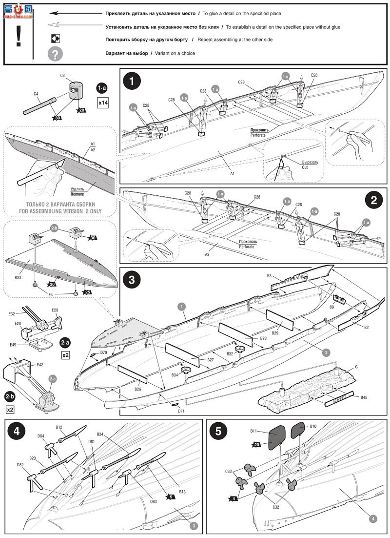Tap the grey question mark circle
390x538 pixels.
point(55,53)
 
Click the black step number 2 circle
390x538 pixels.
point(374,200)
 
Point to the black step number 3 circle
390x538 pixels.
point(132,280)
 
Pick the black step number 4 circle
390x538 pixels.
point(17,432)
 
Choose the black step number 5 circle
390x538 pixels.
point(218,432)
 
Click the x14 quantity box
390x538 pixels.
point(103,103)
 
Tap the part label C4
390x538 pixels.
point(36,94)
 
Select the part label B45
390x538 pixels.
point(364,398)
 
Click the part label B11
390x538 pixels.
point(253,431)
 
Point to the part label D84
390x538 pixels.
point(41,436)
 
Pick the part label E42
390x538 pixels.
point(40,364)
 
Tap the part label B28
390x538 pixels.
point(263,338)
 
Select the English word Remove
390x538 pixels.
point(77,194)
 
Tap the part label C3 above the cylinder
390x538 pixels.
point(63,76)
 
